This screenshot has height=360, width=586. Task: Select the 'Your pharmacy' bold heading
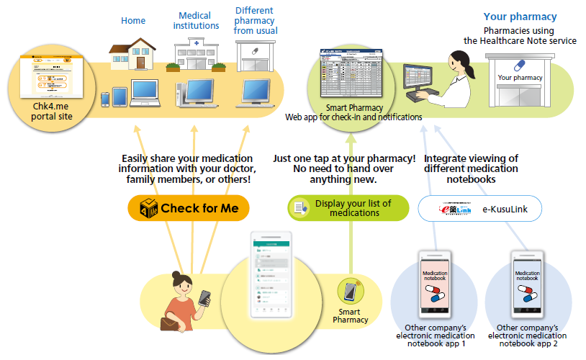[520, 17]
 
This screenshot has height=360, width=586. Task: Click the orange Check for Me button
[188, 209]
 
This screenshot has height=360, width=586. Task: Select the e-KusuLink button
[480, 209]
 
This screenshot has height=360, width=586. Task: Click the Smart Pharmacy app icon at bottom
[350, 292]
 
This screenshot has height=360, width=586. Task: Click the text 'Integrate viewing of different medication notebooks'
[471, 169]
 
